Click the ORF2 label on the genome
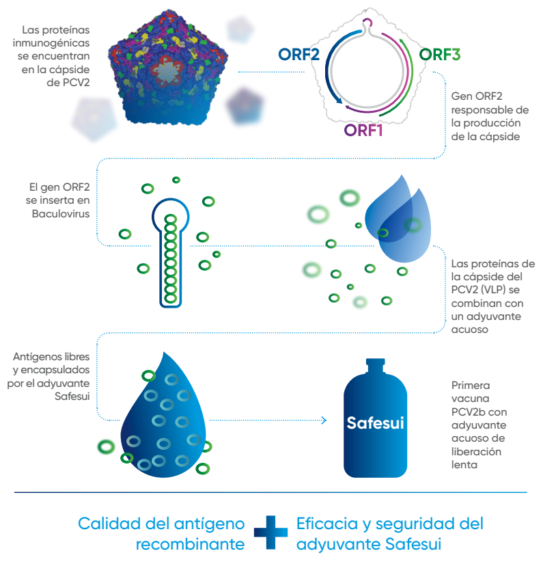(299, 54)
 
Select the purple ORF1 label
(363, 129)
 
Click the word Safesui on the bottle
(376, 423)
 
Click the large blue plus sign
(270, 534)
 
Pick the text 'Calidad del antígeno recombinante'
(162, 534)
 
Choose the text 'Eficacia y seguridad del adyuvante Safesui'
(389, 534)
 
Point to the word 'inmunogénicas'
(55, 44)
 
